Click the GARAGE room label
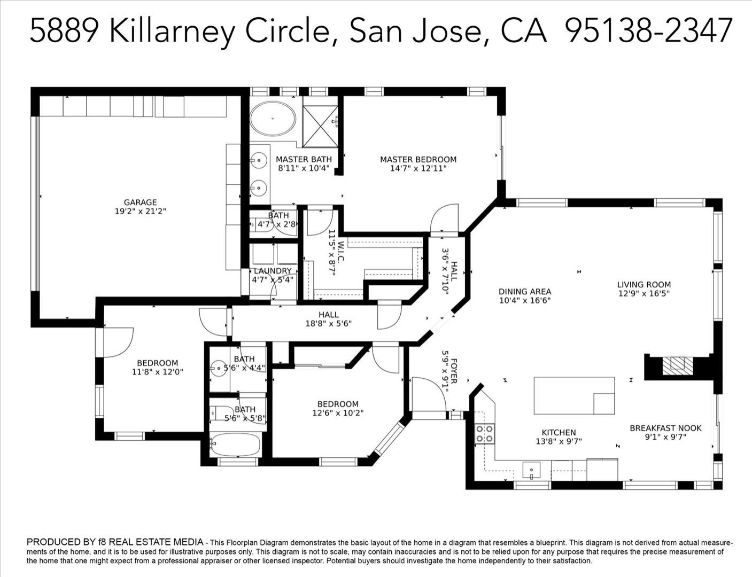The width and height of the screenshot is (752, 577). click(140, 202)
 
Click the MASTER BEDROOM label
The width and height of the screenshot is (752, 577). click(418, 159)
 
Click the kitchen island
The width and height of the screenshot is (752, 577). click(573, 395)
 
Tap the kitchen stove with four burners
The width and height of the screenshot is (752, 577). click(485, 433)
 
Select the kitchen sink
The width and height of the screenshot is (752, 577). click(531, 471)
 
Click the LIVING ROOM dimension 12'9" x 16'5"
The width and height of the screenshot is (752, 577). click(644, 293)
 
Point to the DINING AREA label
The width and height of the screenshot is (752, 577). click(524, 292)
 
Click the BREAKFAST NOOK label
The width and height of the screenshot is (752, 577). click(665, 428)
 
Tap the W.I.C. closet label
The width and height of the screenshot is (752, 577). click(340, 252)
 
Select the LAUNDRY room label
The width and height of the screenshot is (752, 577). click(273, 271)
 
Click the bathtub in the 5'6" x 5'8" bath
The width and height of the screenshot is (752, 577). click(235, 443)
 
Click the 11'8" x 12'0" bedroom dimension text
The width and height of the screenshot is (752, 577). click(157, 372)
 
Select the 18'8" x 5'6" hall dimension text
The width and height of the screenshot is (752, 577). click(328, 323)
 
